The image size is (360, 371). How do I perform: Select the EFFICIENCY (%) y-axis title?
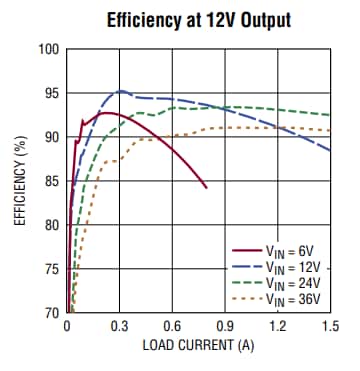click(x=19, y=181)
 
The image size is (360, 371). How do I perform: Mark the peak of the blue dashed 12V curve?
click(x=120, y=91)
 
